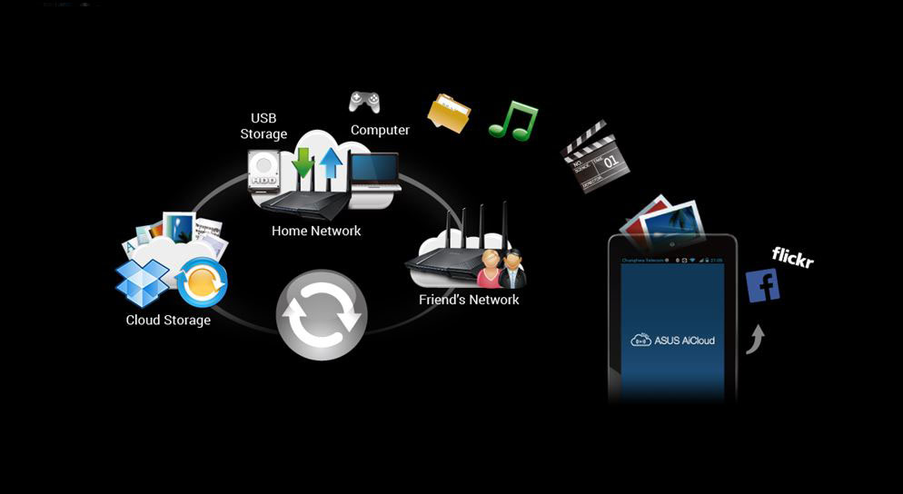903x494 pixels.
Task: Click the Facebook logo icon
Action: pyautogui.click(x=762, y=285)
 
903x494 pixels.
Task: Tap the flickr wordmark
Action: pyautogui.click(x=792, y=258)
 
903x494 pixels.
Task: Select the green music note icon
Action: pyautogui.click(x=513, y=121)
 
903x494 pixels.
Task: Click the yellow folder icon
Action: pyautogui.click(x=449, y=114)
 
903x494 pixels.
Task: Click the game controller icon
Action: pyautogui.click(x=364, y=101)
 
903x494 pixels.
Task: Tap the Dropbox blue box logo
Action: pyautogui.click(x=143, y=282)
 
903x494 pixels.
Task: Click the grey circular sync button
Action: pyautogui.click(x=322, y=315)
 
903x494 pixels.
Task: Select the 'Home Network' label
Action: pyautogui.click(x=316, y=231)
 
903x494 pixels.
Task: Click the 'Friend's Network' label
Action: pyautogui.click(x=469, y=300)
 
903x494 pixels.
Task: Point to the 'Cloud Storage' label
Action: pyautogui.click(x=168, y=320)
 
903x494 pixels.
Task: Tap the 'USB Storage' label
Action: pyautogui.click(x=263, y=126)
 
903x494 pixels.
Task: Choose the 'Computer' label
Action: pyautogui.click(x=380, y=130)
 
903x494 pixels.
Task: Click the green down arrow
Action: pyautogui.click(x=303, y=163)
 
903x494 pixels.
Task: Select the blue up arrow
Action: pyautogui.click(x=330, y=165)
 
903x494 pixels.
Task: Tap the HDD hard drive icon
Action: pyautogui.click(x=264, y=171)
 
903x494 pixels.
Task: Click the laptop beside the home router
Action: pyautogui.click(x=375, y=173)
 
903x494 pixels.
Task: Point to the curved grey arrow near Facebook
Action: pyautogui.click(x=755, y=340)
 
